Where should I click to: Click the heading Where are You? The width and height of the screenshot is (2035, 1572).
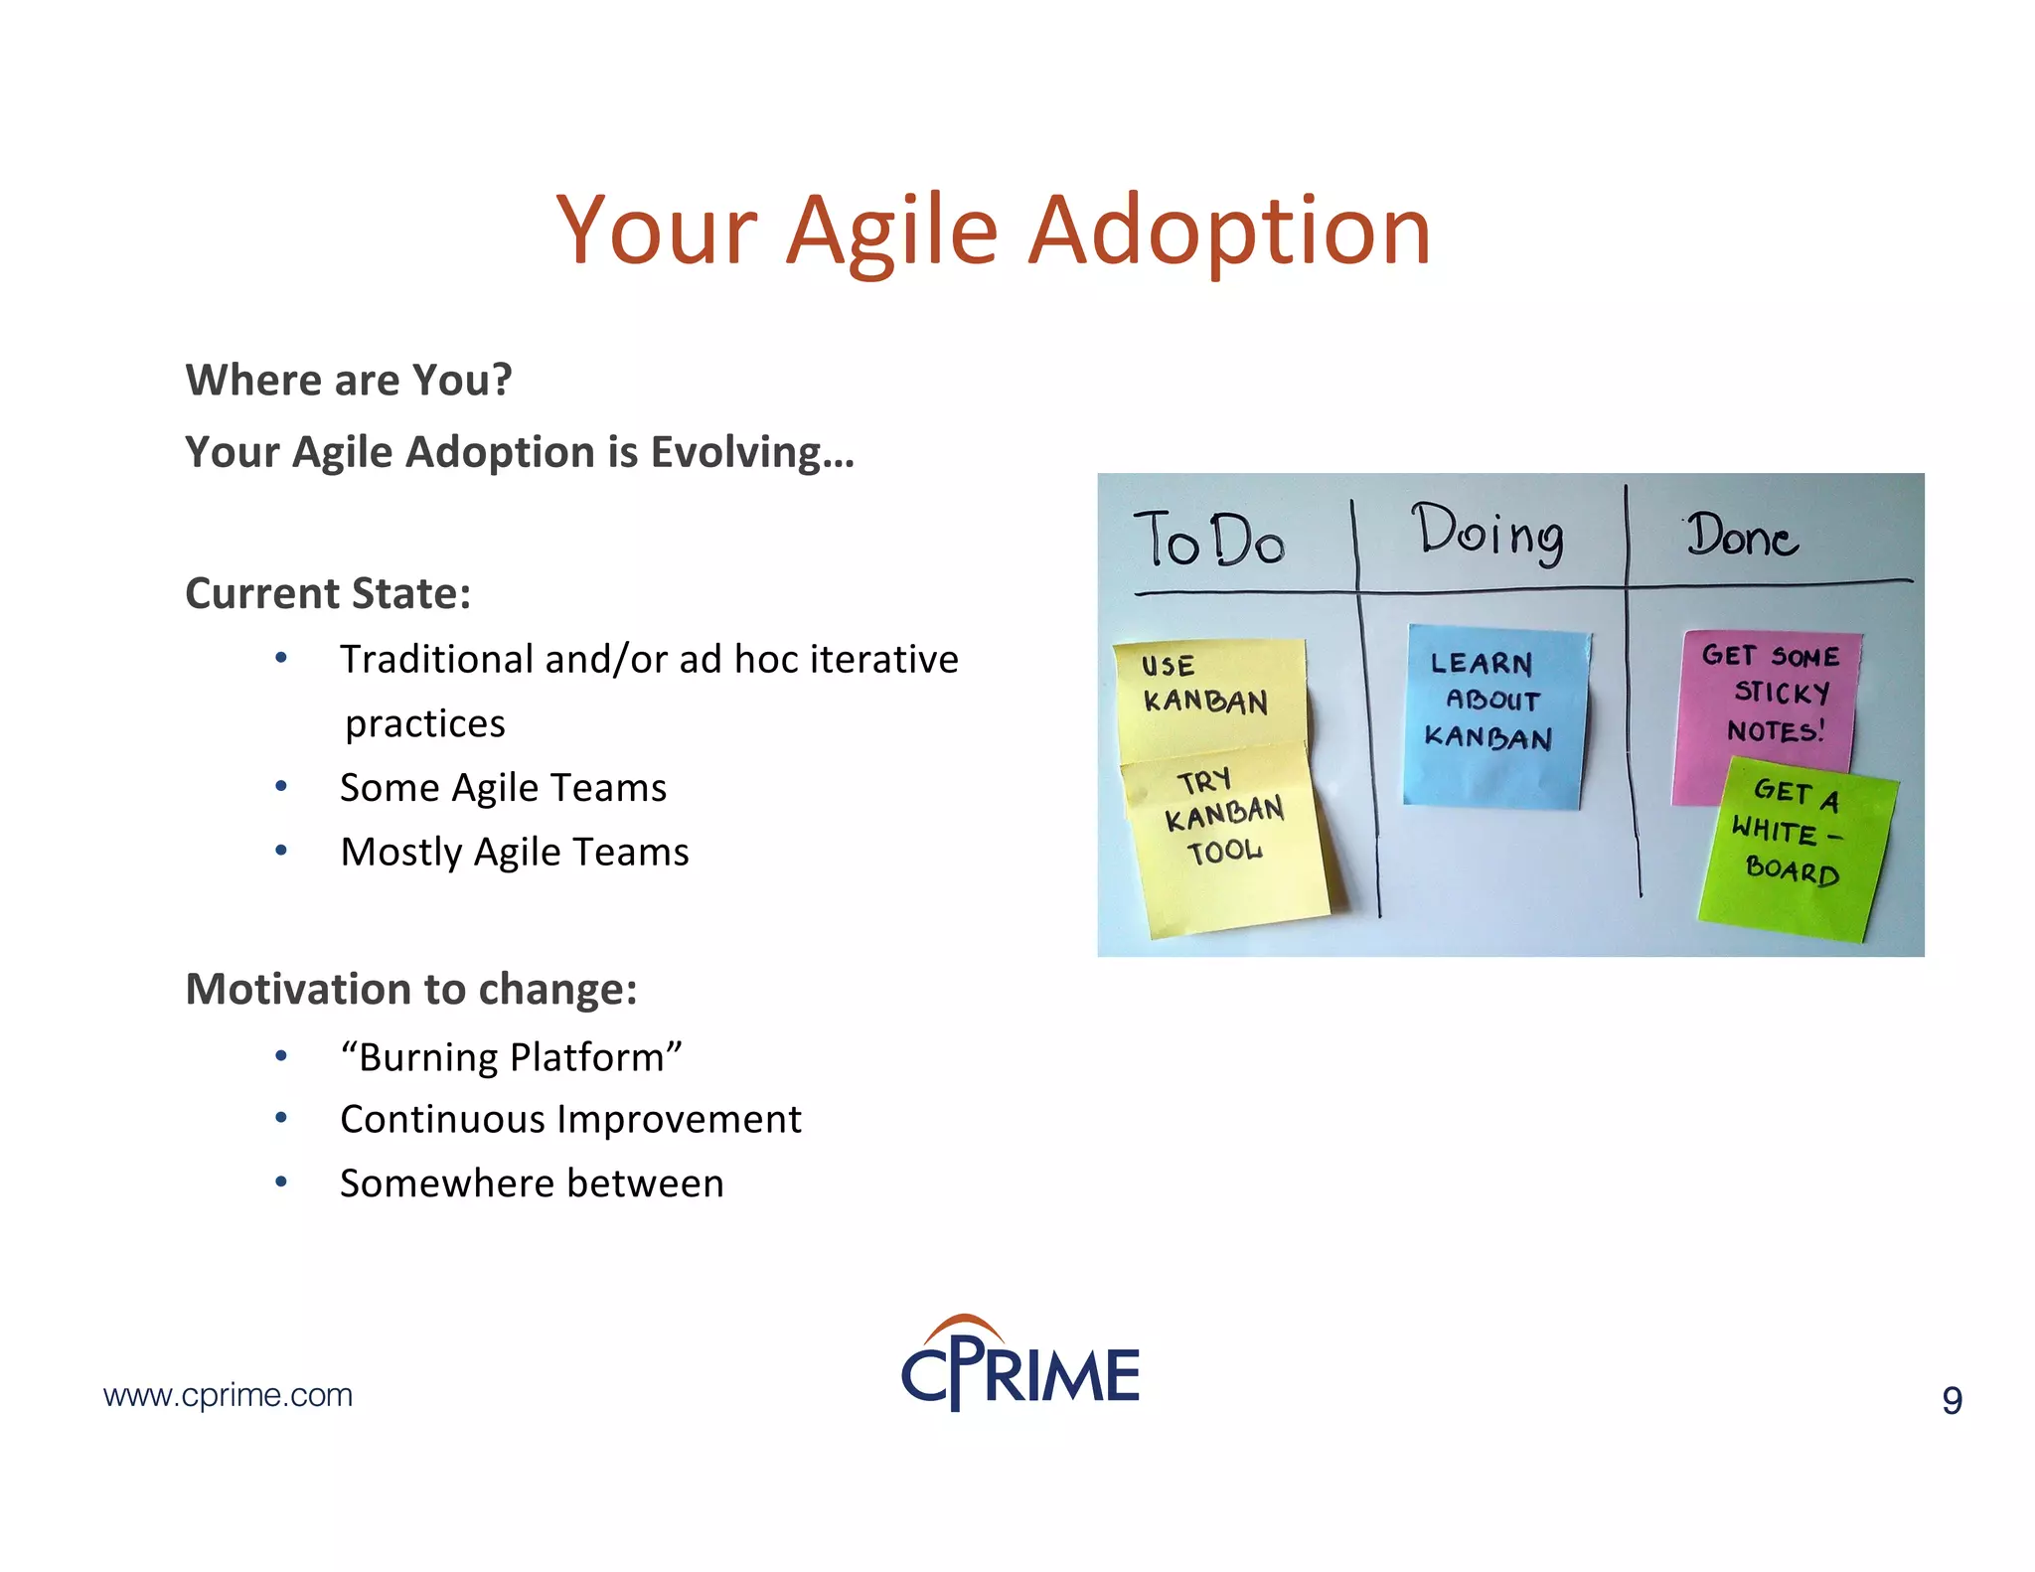click(349, 381)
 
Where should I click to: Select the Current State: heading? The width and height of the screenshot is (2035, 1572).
click(328, 593)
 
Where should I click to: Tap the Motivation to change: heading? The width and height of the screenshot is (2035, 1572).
click(411, 990)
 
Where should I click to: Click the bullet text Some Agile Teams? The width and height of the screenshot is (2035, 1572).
click(503, 788)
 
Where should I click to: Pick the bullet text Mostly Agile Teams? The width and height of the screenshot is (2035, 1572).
click(514, 853)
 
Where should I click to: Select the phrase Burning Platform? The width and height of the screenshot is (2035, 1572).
click(511, 1057)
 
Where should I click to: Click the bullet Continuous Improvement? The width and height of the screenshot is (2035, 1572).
click(570, 1120)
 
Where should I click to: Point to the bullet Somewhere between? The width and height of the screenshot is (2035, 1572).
click(532, 1183)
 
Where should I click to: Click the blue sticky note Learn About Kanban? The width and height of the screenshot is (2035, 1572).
click(1493, 713)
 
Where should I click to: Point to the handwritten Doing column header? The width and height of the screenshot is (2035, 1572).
click(1488, 535)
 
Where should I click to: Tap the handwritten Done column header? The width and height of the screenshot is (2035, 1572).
click(1742, 537)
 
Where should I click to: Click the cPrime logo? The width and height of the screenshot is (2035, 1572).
click(1020, 1365)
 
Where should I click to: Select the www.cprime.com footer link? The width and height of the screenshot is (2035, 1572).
click(228, 1395)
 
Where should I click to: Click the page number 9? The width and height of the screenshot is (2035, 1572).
click(1952, 1400)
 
